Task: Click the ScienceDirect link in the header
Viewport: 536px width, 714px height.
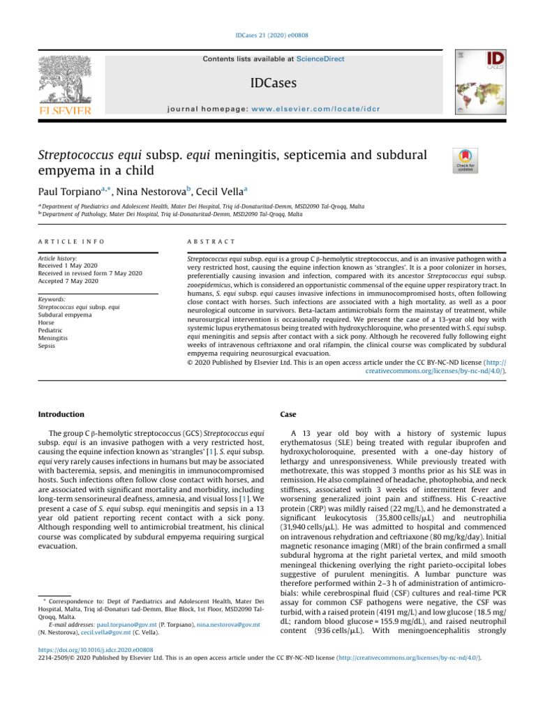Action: tap(320, 59)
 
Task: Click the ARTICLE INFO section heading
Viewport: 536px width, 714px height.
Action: tap(71, 241)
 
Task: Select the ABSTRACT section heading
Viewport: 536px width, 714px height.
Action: tap(200, 241)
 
